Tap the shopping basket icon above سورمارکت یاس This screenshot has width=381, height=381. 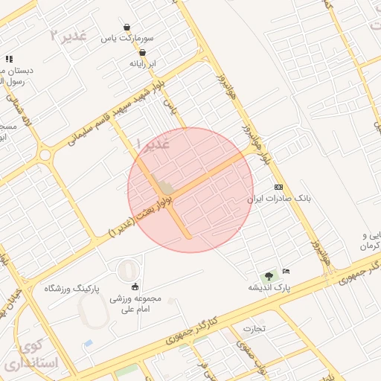pyautogui.click(x=127, y=27)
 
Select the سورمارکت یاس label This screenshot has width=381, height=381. pyautogui.click(x=128, y=37)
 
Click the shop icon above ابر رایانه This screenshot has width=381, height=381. pyautogui.click(x=142, y=53)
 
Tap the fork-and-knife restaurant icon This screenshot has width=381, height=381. pyautogui.click(x=9, y=58)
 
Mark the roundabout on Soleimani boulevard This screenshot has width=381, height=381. pyautogui.click(x=45, y=156)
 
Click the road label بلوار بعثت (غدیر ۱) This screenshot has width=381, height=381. pyautogui.click(x=141, y=216)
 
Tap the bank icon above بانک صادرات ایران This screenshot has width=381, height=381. pyautogui.click(x=279, y=187)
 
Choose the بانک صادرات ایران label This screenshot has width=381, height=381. pyautogui.click(x=278, y=199)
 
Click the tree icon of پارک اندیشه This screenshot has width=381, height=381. pyautogui.click(x=269, y=276)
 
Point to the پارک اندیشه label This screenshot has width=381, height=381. pyautogui.click(x=269, y=287)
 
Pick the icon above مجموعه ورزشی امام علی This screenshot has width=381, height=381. pyautogui.click(x=135, y=287)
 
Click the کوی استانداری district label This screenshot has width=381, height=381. pyautogui.click(x=30, y=356)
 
